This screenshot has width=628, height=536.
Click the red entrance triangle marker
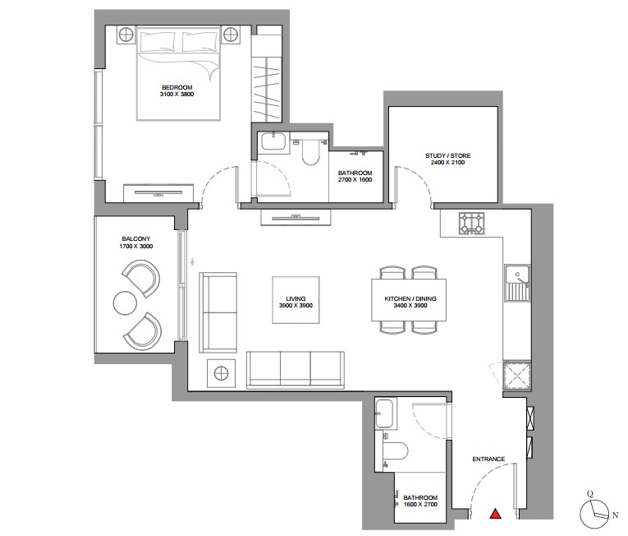tap(496, 514)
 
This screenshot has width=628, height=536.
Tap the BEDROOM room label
tap(177, 87)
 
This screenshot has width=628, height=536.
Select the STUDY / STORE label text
tap(447, 155)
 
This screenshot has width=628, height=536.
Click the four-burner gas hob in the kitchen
tap(471, 224)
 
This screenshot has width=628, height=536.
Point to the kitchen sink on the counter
tap(517, 283)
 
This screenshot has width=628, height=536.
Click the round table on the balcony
tap(126, 303)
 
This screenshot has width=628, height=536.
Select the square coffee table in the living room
tap(296, 300)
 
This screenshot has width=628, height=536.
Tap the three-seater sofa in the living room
tap(296, 370)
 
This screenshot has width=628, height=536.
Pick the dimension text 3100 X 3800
tap(177, 95)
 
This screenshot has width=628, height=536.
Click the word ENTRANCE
tap(488, 459)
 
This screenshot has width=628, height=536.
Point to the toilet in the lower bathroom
tap(395, 451)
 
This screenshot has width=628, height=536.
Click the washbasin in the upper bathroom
tap(273, 142)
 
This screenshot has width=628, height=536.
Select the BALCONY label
tap(136, 238)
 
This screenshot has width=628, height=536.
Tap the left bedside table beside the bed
tap(127, 35)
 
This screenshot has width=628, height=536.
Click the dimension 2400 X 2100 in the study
tap(447, 163)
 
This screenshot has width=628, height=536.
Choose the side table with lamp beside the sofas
tap(221, 373)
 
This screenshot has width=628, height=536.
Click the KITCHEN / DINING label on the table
tap(410, 298)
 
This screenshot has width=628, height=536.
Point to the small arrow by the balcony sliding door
tap(193, 262)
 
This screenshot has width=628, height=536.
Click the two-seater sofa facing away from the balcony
tap(218, 312)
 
